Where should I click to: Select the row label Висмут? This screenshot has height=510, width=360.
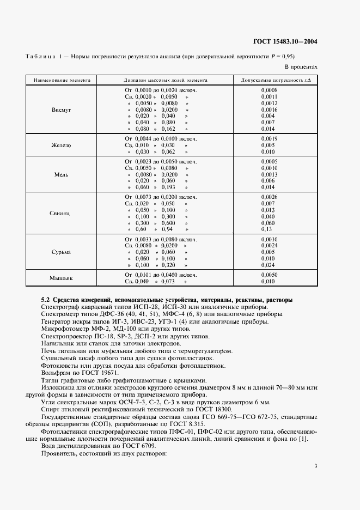tap(61, 110)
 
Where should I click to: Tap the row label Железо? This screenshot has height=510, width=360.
tap(61, 145)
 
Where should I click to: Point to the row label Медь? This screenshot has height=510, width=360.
tap(61, 175)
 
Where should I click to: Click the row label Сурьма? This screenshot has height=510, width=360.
tap(61, 252)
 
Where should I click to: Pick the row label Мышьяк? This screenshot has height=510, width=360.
tap(61, 278)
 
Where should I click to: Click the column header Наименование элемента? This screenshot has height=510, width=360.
tap(61, 80)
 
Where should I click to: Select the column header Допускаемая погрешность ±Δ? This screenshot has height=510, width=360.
tap(276, 80)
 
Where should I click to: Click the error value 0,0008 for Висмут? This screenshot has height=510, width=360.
tap(269, 89)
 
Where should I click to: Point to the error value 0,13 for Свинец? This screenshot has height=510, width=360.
tap(266, 230)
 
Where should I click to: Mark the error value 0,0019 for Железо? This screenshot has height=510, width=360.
tap(269, 139)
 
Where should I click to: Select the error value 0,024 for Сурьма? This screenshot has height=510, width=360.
tap(268, 265)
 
